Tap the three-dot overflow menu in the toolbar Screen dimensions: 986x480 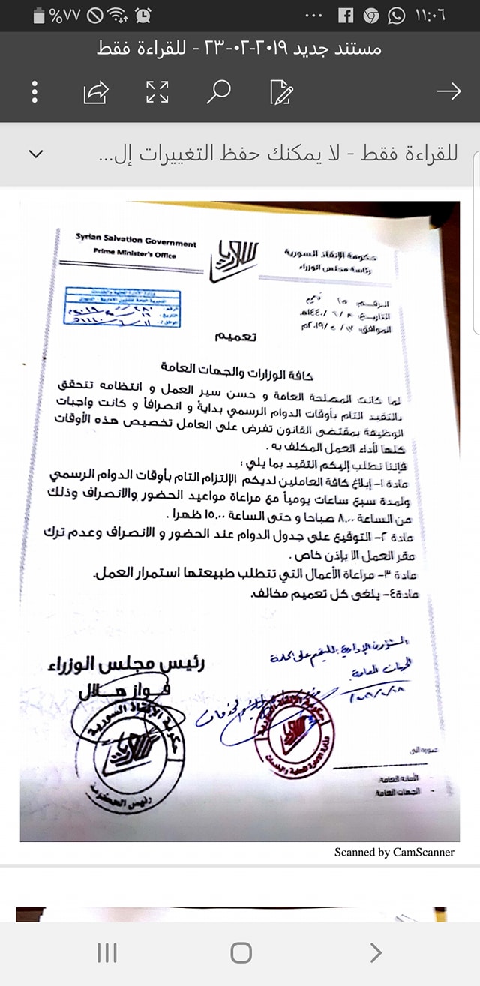(34, 91)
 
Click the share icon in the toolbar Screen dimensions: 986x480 (95, 92)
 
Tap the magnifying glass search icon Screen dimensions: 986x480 (219, 91)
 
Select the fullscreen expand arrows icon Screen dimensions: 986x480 (157, 92)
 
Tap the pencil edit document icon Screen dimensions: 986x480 (281, 92)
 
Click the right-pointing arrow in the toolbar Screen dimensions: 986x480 (448, 91)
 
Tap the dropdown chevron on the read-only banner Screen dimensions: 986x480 (35, 154)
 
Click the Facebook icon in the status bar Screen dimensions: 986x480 (346, 15)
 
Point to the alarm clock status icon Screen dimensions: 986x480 (143, 15)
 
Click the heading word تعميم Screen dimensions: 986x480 (235, 337)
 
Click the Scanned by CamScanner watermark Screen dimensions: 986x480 (394, 852)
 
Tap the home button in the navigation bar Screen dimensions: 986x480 (241, 952)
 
